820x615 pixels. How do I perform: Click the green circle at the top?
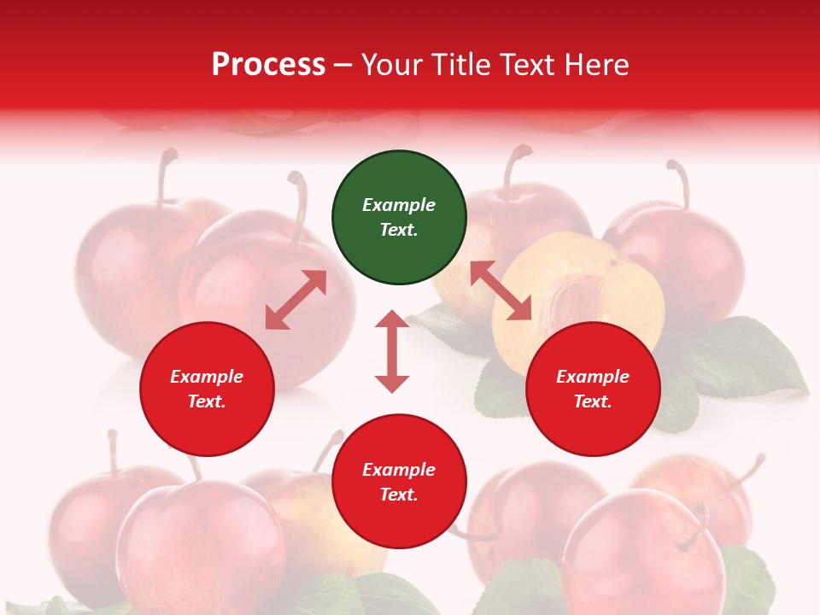[399, 217]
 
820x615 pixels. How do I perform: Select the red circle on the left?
[207, 389]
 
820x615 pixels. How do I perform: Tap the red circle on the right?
[593, 389]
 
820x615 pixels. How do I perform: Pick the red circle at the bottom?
[399, 482]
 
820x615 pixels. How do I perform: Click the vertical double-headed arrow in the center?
[392, 351]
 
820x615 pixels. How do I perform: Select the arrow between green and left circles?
[296, 300]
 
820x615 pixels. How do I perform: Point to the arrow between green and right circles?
[501, 290]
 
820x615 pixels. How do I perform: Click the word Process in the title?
[268, 65]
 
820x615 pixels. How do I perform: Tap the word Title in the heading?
[460, 65]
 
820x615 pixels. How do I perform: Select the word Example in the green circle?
[399, 205]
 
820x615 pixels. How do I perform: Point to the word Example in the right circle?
[593, 377]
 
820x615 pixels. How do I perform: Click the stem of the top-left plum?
[162, 175]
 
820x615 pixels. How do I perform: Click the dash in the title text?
[343, 65]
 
